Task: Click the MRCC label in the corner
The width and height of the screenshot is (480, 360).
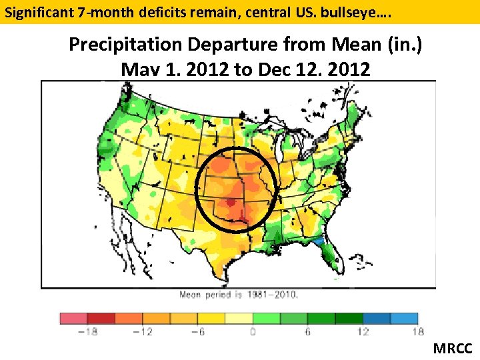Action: point(453,348)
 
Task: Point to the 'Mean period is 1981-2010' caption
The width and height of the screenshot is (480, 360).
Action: point(238,294)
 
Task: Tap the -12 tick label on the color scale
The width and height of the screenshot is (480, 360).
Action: point(143,332)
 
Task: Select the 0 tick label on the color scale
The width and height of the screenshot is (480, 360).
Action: point(253,332)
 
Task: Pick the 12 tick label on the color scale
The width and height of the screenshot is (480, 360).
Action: point(363,332)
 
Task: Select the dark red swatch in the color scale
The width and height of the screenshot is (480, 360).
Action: point(101,319)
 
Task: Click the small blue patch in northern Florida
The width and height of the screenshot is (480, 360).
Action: point(321,241)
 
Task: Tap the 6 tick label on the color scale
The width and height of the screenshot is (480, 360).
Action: point(308,332)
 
